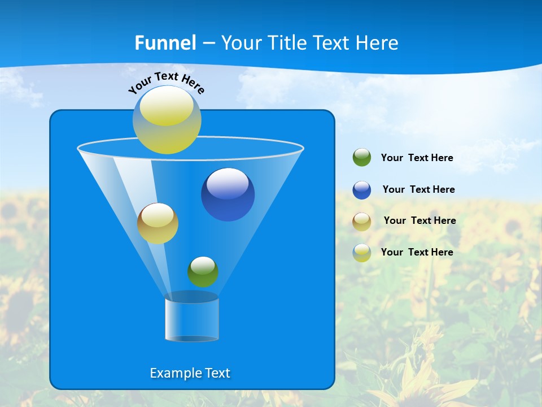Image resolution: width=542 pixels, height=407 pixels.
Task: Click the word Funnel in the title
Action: click(165, 43)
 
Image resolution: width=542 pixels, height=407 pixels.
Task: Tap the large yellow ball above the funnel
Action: click(167, 119)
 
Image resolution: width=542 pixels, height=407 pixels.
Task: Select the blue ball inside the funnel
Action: click(228, 194)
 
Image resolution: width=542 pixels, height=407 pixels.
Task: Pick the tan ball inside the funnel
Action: click(158, 224)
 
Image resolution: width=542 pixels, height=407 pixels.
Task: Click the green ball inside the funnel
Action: click(203, 272)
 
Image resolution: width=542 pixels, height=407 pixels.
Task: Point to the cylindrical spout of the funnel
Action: click(192, 319)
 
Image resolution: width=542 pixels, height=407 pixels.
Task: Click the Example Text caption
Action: click(190, 373)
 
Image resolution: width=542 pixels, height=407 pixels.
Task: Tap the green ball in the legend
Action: click(362, 158)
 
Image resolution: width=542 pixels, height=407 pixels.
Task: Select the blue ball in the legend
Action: click(362, 190)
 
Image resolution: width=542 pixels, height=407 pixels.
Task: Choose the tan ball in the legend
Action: click(362, 222)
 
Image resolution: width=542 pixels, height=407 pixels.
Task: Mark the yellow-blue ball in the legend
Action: click(362, 253)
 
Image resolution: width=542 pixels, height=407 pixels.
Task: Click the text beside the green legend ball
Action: click(417, 158)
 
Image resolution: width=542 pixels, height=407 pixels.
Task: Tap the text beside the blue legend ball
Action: click(418, 190)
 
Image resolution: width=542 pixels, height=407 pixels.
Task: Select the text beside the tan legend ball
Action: click(419, 221)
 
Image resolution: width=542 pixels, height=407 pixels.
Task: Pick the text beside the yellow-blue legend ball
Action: click(417, 253)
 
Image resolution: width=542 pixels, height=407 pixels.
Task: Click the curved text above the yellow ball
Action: click(166, 81)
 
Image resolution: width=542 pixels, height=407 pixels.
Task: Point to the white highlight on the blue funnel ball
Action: click(228, 183)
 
